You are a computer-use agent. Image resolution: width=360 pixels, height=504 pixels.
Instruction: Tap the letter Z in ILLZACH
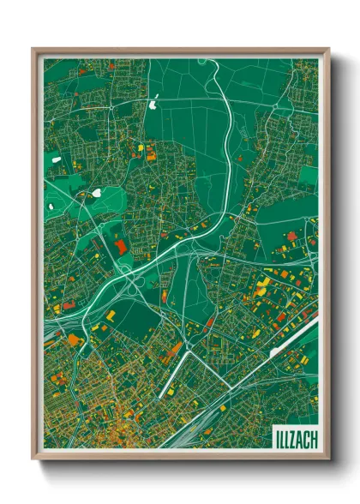coord(291,437)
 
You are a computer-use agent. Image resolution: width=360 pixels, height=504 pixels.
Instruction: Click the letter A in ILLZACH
coord(298,437)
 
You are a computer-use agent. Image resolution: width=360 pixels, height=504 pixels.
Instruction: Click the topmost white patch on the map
coord(153,105)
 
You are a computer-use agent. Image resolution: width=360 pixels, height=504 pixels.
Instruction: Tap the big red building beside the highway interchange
coord(119,247)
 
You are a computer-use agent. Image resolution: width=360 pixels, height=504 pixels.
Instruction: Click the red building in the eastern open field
coord(291,235)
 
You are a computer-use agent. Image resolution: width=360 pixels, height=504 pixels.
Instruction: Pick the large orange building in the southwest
coord(74,340)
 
